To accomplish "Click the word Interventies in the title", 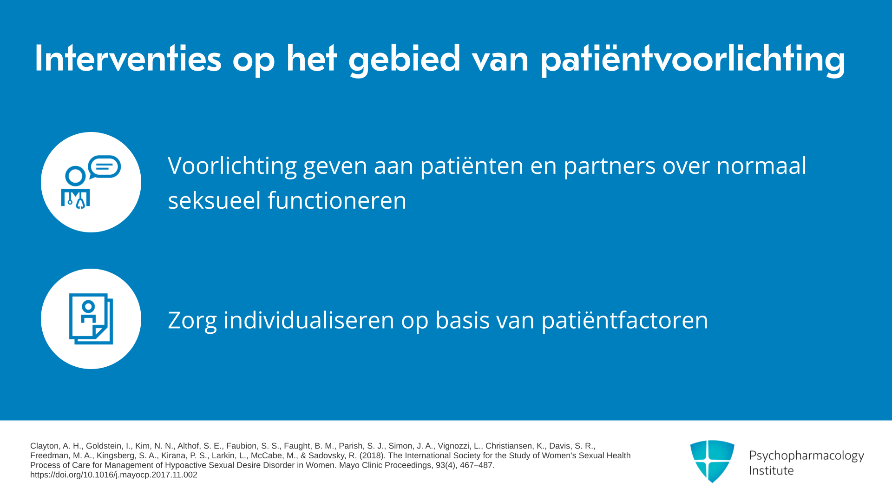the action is [128, 59].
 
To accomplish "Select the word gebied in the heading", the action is [405, 59].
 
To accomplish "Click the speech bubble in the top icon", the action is [105, 167].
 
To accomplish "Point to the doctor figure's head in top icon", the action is [75, 177].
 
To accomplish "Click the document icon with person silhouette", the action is [91, 319].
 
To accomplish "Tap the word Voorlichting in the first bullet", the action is [232, 166].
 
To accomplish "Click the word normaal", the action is [761, 165].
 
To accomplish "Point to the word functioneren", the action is [337, 201].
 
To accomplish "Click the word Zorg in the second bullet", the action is [192, 321].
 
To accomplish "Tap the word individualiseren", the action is [309, 320].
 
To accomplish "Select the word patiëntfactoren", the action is [625, 321].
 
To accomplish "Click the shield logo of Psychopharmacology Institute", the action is [712, 461].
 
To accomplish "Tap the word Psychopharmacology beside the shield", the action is [807, 456].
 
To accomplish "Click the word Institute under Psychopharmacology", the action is [771, 470].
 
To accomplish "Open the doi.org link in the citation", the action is [114, 475].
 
